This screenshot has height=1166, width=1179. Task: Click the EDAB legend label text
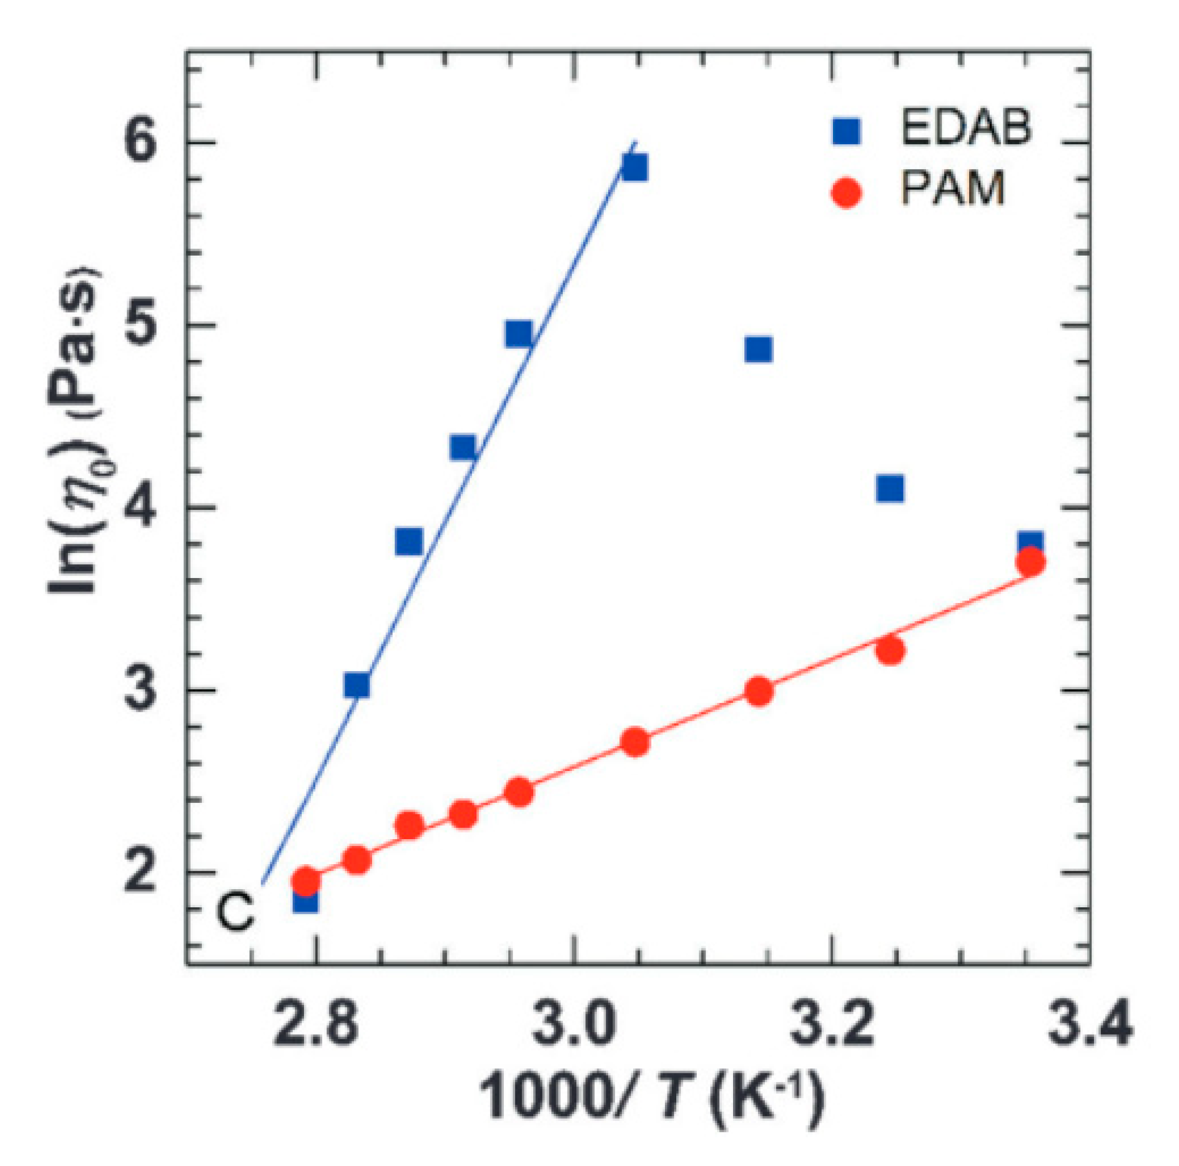pos(965,128)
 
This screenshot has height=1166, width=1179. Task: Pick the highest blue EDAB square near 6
pos(634,168)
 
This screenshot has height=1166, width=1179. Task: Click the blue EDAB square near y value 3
pos(357,685)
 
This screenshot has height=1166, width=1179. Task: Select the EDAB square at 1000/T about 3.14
pos(758,349)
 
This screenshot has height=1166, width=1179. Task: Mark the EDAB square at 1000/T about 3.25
pos(890,488)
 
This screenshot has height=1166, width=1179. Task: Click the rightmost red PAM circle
pos(1030,562)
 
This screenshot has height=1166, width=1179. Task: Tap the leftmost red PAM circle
pos(306,881)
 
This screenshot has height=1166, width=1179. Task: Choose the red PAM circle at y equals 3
pos(759,691)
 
